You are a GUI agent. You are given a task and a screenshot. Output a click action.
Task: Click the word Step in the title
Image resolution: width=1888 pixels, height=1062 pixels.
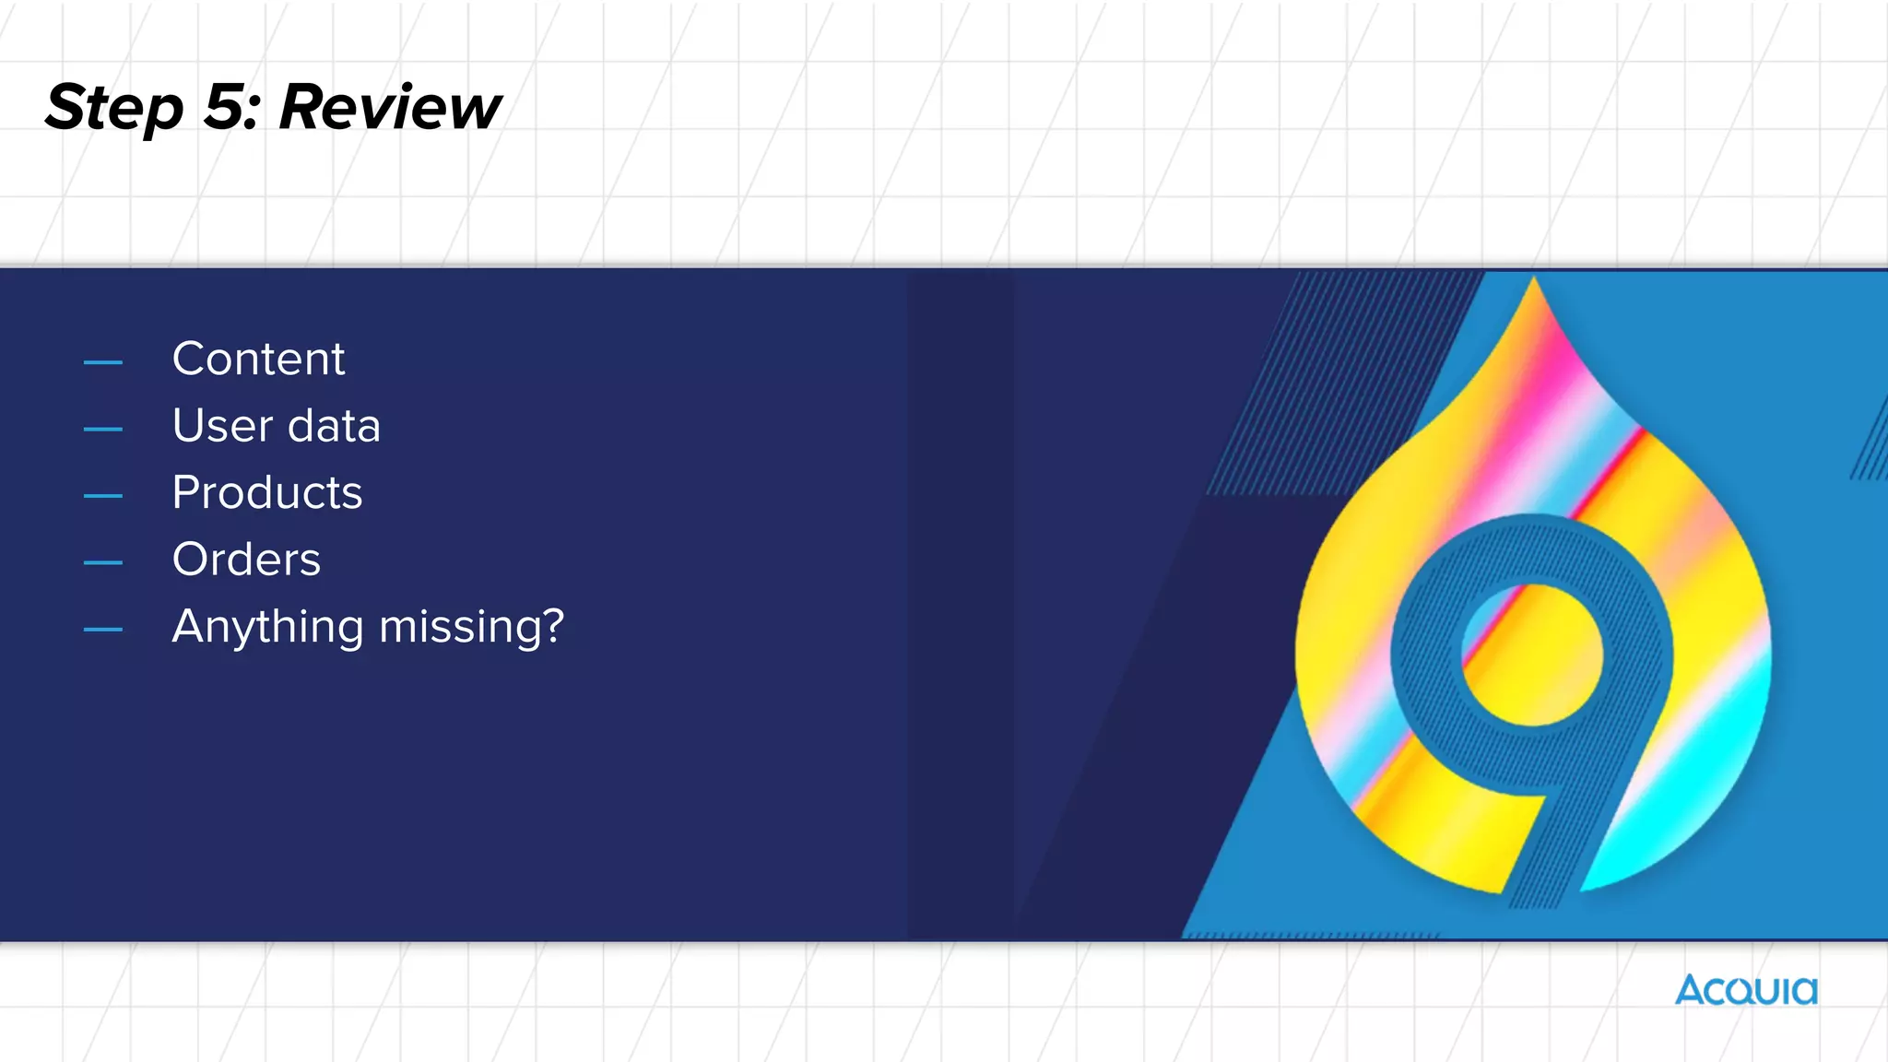coord(114,109)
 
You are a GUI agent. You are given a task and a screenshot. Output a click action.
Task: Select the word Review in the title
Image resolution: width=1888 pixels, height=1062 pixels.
coord(389,107)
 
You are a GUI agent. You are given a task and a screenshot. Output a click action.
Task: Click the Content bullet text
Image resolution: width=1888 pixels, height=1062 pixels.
coord(258,359)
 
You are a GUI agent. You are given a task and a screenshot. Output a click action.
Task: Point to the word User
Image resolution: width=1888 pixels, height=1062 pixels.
coord(222,426)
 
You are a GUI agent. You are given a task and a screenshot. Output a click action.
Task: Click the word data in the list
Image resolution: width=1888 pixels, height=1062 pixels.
coord(334,426)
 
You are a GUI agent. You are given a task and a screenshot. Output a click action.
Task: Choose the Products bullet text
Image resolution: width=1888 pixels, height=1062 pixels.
coord(267,492)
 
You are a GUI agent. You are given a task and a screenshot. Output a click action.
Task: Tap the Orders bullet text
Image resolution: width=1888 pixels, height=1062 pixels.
coord(246,560)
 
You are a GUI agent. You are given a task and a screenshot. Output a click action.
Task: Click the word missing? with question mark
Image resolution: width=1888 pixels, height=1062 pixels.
coord(471,627)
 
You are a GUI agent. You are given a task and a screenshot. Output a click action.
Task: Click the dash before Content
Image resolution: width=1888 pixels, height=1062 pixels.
coord(103,362)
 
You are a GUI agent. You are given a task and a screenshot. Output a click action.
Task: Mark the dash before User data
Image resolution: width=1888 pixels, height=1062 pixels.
coord(103,429)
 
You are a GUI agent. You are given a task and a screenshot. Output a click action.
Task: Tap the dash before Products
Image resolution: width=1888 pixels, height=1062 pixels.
coord(103,496)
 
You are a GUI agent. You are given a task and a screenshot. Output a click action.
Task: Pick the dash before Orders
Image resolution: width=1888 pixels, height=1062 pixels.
coord(103,562)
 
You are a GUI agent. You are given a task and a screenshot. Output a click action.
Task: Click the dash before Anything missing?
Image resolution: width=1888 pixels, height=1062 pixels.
coord(103,630)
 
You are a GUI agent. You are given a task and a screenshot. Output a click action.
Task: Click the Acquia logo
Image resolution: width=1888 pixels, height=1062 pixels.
coord(1746,990)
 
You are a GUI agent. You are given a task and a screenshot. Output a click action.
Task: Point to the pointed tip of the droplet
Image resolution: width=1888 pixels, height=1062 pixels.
coord(1533,286)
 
